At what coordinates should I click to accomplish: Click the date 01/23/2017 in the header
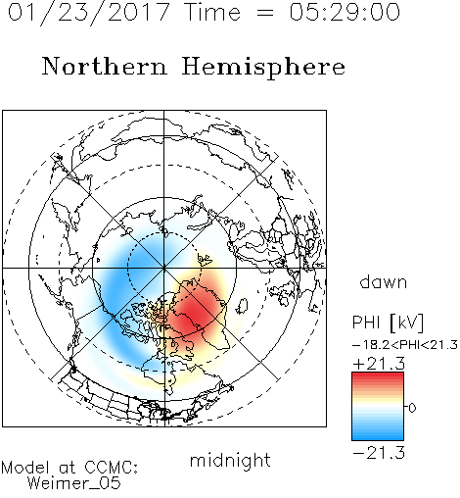[88, 13]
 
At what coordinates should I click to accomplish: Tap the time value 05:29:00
[345, 13]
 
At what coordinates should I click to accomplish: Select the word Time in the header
[212, 13]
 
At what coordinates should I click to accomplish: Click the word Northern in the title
[104, 66]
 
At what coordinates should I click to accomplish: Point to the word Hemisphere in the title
[263, 68]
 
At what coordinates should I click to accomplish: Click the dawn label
[384, 281]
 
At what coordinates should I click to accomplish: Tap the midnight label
[230, 460]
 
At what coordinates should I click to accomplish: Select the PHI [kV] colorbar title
[388, 323]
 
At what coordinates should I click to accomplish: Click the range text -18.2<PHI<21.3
[405, 345]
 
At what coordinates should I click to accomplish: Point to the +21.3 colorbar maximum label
[379, 364]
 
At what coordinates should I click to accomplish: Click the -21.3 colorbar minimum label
[379, 453]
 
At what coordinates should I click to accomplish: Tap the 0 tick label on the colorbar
[412, 408]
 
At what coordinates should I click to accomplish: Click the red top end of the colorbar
[378, 375]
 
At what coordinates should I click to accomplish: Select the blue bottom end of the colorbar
[378, 436]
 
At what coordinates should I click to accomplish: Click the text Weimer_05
[73, 483]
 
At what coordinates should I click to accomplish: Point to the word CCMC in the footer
[111, 468]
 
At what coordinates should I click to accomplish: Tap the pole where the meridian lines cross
[164, 268]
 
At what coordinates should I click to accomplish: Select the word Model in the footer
[25, 468]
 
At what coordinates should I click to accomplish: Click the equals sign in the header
[265, 13]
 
